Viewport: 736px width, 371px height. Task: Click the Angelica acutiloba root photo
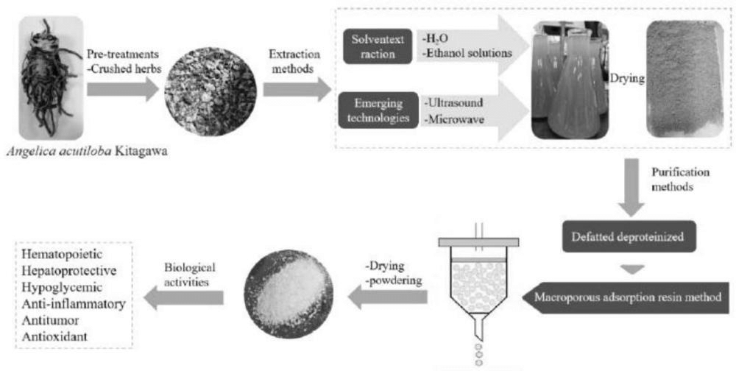tap(52, 78)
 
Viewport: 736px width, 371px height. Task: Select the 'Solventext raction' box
tap(378, 46)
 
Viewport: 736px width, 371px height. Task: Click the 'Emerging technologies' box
tap(378, 110)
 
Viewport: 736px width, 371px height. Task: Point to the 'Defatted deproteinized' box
tap(629, 236)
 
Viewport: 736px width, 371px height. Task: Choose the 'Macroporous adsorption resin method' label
tap(627, 297)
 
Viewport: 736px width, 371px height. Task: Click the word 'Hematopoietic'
tap(62, 255)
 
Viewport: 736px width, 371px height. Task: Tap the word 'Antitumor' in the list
tap(50, 320)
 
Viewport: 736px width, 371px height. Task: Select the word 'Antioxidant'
tap(54, 336)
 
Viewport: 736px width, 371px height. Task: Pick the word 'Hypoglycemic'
tap(62, 287)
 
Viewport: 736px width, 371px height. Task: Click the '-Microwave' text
tap(453, 120)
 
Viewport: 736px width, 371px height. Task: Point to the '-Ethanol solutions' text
tap(467, 53)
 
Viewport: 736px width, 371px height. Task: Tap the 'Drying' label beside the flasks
tap(626, 79)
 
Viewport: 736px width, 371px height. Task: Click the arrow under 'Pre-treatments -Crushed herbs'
tap(124, 89)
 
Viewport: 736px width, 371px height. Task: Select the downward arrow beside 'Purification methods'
tap(631, 188)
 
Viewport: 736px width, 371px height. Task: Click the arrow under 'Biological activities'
tap(183, 297)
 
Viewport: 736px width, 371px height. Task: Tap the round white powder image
tap(289, 294)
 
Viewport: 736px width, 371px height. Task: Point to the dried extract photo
tap(684, 79)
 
